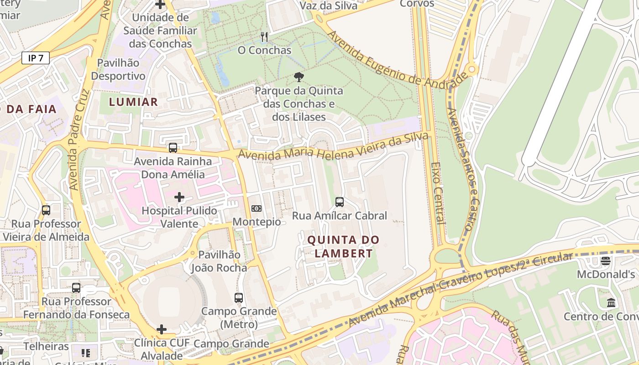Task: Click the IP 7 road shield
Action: pos(35,58)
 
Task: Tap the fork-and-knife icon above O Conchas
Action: pos(264,37)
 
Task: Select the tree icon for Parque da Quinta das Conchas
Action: pos(299,77)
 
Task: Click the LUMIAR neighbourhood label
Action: pos(133,102)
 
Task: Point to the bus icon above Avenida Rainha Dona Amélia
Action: pos(173,148)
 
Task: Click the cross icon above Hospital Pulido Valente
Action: pos(179,197)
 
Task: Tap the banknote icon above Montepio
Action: pos(257,209)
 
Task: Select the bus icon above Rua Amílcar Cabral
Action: pos(339,202)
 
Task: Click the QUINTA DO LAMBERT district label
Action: pos(343,246)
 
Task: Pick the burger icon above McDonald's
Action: pos(606,261)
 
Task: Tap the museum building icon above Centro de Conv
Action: pos(611,302)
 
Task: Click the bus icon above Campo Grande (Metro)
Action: pos(238,298)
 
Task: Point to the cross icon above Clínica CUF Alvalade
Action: pos(161,329)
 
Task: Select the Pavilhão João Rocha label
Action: pos(219,261)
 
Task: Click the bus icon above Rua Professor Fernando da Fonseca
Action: pos(76,288)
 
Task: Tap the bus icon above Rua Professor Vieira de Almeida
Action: pos(46,210)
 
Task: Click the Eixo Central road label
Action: pos(437,193)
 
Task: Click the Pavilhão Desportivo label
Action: pos(118,69)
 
